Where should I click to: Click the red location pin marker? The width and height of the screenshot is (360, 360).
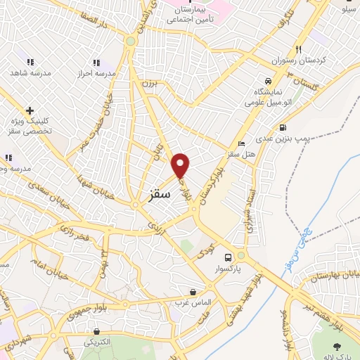point(181,165)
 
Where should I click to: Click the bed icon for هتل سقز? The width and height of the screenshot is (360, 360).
point(242,144)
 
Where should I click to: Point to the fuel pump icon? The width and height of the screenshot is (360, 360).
point(283,128)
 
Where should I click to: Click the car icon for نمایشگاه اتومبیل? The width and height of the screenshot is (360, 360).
point(267,81)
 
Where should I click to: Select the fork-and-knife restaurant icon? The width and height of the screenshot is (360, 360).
point(299,49)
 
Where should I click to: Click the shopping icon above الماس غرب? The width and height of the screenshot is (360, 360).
point(193,291)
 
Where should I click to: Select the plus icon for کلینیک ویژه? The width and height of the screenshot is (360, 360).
point(30,110)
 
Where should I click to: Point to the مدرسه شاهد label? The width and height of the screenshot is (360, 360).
point(27,72)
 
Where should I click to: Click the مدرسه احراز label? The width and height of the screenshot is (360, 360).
point(95,72)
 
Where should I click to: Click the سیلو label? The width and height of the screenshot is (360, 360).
point(349,10)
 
